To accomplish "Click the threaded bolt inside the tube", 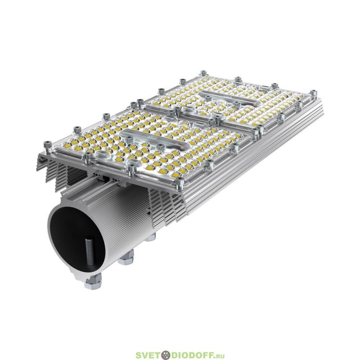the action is [x=89, y=253].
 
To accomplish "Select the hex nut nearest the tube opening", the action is [x=93, y=281].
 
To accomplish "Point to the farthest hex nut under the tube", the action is [x=151, y=237].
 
